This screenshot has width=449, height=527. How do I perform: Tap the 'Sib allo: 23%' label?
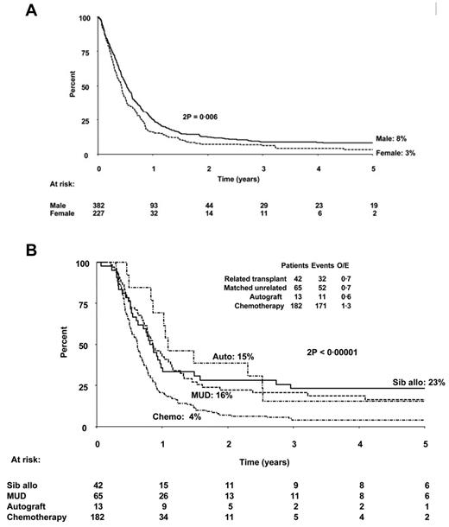pyautogui.click(x=405, y=383)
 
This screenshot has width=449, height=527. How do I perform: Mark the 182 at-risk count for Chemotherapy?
pyautogui.click(x=98, y=517)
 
